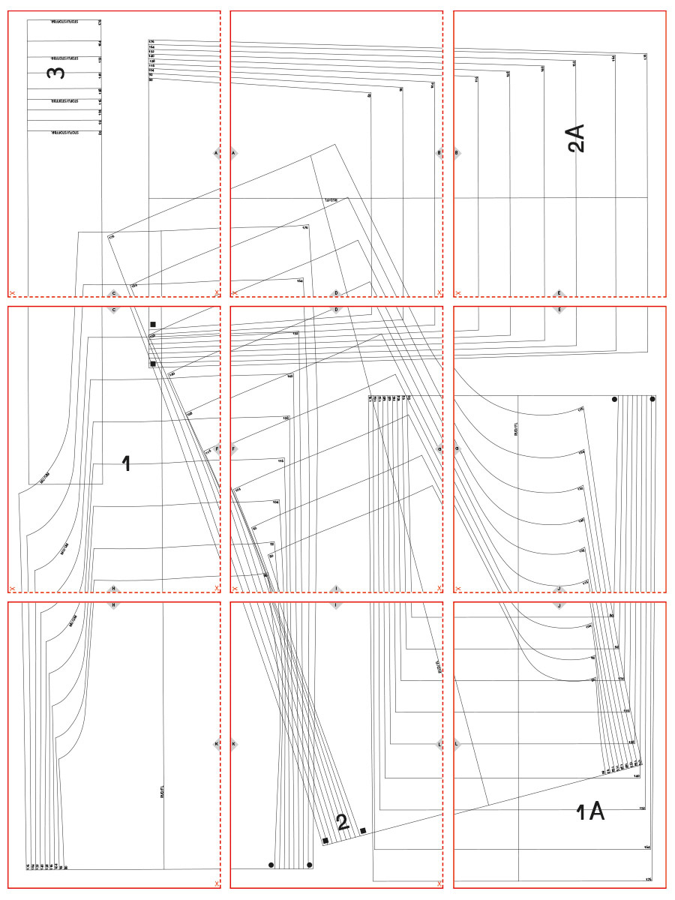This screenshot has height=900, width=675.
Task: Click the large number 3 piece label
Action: click(56, 73)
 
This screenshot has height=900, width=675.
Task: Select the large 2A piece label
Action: click(576, 139)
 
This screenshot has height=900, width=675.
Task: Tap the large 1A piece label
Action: click(589, 811)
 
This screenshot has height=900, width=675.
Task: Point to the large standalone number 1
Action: click(126, 464)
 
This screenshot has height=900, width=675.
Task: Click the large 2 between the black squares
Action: click(343, 823)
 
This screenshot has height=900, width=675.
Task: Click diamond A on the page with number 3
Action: click(216, 153)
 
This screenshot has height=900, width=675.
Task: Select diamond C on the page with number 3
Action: click(114, 293)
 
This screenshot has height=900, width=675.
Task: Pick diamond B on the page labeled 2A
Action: click(456, 153)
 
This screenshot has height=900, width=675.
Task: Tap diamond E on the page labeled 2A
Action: click(558, 293)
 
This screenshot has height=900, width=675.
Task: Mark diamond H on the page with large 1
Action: click(114, 589)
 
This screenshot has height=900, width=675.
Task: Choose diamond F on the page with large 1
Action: click(216, 450)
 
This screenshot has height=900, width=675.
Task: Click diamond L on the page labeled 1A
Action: click(456, 745)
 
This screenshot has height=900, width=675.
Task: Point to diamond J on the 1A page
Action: click(558, 604)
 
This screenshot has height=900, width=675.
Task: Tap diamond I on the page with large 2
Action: click(336, 604)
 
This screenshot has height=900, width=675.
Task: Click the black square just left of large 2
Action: click(325, 841)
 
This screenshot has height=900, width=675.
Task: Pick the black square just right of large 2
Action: click(363, 830)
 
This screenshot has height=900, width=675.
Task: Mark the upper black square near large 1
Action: click(153, 325)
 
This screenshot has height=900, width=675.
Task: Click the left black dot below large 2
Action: click(271, 865)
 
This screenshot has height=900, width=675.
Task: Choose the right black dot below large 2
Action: click(310, 865)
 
